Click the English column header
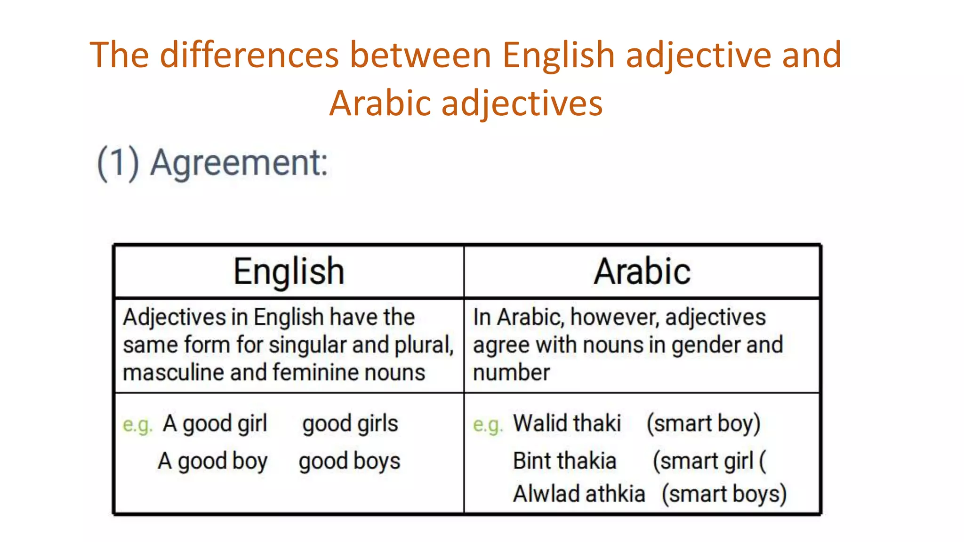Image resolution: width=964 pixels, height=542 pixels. (289, 271)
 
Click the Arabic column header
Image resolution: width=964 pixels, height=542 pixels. (642, 271)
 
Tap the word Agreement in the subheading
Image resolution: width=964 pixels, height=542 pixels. (239, 163)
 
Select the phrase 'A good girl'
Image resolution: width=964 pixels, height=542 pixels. (215, 424)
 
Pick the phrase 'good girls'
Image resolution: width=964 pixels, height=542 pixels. (350, 424)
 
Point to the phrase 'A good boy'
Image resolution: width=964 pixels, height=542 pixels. (213, 461)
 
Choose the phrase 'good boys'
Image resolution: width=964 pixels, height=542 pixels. (349, 461)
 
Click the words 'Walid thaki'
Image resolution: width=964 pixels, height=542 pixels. (567, 423)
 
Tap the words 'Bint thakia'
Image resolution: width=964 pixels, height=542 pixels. (564, 461)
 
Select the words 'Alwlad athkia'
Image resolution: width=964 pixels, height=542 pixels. (579, 494)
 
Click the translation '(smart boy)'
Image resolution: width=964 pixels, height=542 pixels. (703, 423)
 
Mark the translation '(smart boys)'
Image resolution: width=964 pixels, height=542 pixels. (724, 494)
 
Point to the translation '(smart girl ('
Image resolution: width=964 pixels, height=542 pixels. (709, 461)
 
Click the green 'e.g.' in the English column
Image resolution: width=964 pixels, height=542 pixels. (137, 425)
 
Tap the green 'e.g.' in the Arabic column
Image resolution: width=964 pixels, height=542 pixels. (488, 425)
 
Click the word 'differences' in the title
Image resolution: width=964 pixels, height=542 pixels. (249, 55)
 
